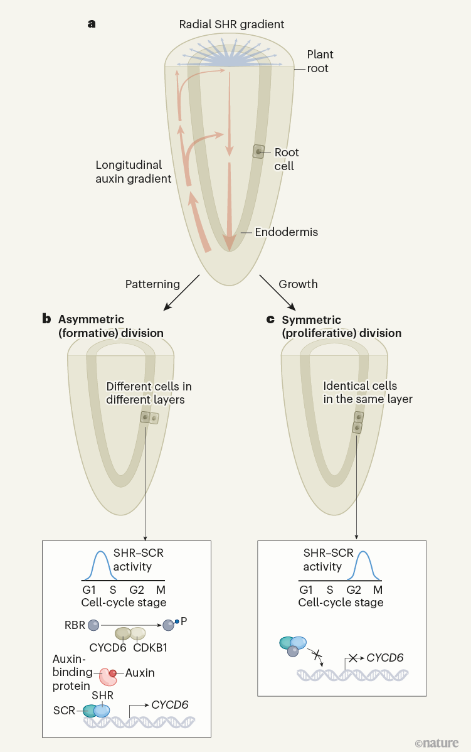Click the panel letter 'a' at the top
click(x=92, y=24)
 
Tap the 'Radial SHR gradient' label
click(x=232, y=24)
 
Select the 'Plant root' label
click(x=318, y=61)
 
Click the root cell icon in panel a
click(x=258, y=151)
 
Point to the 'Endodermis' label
click(x=287, y=232)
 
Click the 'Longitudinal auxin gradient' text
click(x=134, y=172)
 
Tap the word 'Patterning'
click(x=152, y=284)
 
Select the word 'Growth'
click(x=298, y=284)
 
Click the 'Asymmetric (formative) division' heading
click(x=110, y=326)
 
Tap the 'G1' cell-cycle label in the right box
click(x=306, y=590)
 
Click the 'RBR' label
click(x=74, y=625)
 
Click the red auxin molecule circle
click(x=113, y=674)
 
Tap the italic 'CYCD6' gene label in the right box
click(x=385, y=658)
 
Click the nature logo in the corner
click(x=437, y=742)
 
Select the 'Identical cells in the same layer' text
click(x=360, y=392)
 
